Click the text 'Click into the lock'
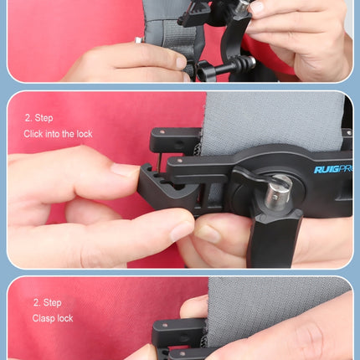click(x=58, y=134)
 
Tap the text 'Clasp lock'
click(x=53, y=318)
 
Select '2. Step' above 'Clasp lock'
click(x=48, y=302)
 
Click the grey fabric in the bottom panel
click(x=276, y=301)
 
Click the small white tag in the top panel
click(x=137, y=39)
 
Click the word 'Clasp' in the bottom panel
click(x=44, y=318)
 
